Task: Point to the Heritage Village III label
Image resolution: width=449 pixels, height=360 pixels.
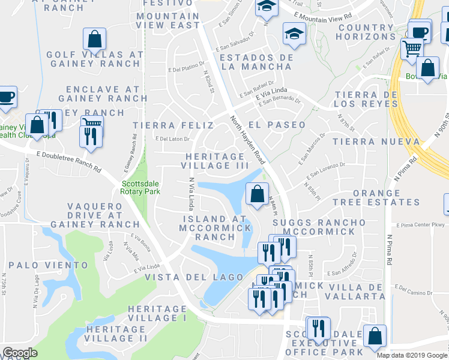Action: click(214, 161)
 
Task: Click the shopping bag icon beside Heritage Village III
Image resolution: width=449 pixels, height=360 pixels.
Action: click(256, 194)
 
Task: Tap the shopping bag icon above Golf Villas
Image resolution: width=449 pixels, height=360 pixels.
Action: click(94, 40)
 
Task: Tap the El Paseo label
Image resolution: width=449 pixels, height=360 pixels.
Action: click(277, 125)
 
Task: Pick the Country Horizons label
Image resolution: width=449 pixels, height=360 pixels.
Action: click(366, 32)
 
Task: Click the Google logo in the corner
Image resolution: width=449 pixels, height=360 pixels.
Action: click(20, 353)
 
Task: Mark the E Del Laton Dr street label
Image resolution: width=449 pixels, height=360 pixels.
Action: click(172, 139)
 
